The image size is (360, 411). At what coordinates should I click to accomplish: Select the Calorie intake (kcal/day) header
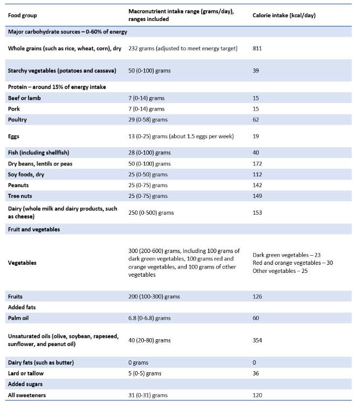[x=284, y=15]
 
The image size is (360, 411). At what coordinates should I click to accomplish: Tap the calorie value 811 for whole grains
[x=257, y=49]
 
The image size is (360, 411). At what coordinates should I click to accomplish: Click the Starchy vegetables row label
[x=52, y=71]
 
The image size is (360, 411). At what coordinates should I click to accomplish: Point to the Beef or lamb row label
[x=24, y=98]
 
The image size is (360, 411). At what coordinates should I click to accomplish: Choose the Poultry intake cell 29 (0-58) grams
[x=148, y=120]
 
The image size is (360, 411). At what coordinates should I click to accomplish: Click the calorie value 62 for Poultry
[x=256, y=120]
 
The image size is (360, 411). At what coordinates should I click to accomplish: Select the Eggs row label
[x=13, y=136]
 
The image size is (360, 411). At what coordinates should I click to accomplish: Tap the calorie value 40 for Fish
[x=256, y=153]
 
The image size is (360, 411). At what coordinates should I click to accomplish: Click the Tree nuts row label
[x=20, y=196]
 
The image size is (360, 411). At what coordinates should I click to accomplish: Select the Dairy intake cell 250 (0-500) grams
[x=151, y=213]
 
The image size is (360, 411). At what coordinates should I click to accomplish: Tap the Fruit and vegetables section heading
[x=33, y=229]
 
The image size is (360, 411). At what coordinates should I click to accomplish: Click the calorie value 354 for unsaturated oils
[x=258, y=340]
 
